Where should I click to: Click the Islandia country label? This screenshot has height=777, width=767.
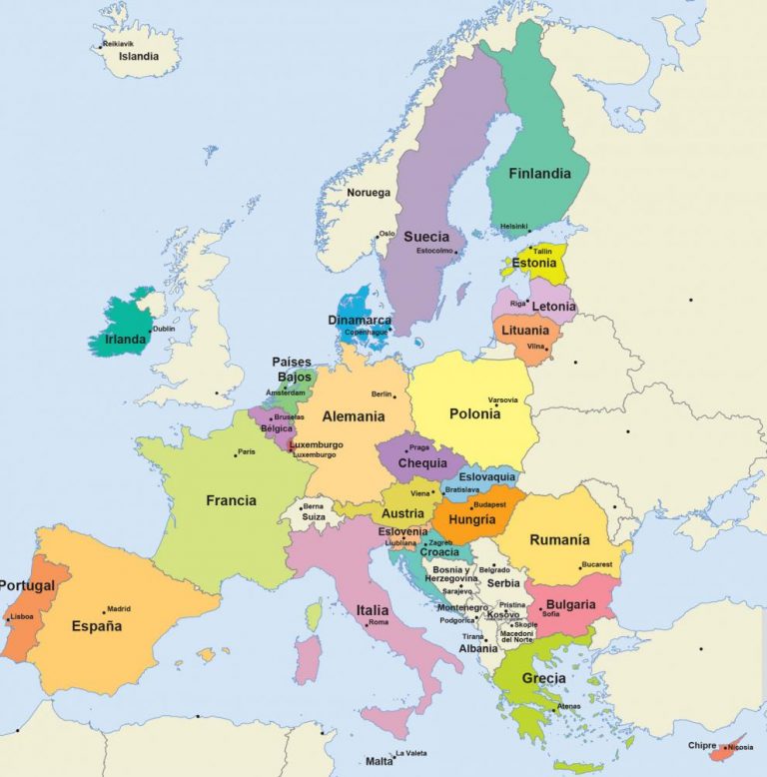(x=139, y=57)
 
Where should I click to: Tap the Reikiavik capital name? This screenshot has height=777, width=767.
(x=118, y=44)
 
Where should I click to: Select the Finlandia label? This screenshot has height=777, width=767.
(x=539, y=173)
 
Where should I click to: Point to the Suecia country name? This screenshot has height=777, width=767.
(x=426, y=237)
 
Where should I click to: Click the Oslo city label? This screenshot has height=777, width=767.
(x=386, y=234)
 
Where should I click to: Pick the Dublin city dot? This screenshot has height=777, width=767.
(x=150, y=331)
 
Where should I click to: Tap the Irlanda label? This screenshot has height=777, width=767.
(x=126, y=340)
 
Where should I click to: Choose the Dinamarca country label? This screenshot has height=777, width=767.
(x=360, y=321)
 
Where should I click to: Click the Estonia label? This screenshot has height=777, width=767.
(x=534, y=264)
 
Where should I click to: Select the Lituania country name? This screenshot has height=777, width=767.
(x=525, y=331)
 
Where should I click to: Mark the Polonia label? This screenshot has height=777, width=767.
(x=475, y=413)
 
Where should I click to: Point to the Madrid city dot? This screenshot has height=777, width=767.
(x=104, y=611)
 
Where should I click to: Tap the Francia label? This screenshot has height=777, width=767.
(x=231, y=500)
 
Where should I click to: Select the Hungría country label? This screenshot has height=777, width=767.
(x=472, y=520)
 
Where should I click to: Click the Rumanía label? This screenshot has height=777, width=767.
(x=559, y=540)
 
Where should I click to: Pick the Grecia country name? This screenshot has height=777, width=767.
(x=543, y=679)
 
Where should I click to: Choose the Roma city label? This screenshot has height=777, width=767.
(x=379, y=623)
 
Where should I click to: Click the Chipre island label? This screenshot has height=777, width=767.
(x=703, y=745)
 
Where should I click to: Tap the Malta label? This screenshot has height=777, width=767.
(x=379, y=761)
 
